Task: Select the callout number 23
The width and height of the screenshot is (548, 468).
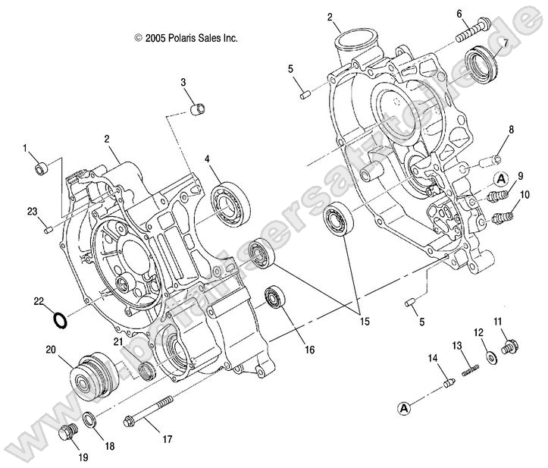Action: click(x=32, y=211)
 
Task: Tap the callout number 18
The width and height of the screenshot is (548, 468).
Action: click(x=109, y=447)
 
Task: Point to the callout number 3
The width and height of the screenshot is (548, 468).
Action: click(x=184, y=81)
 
